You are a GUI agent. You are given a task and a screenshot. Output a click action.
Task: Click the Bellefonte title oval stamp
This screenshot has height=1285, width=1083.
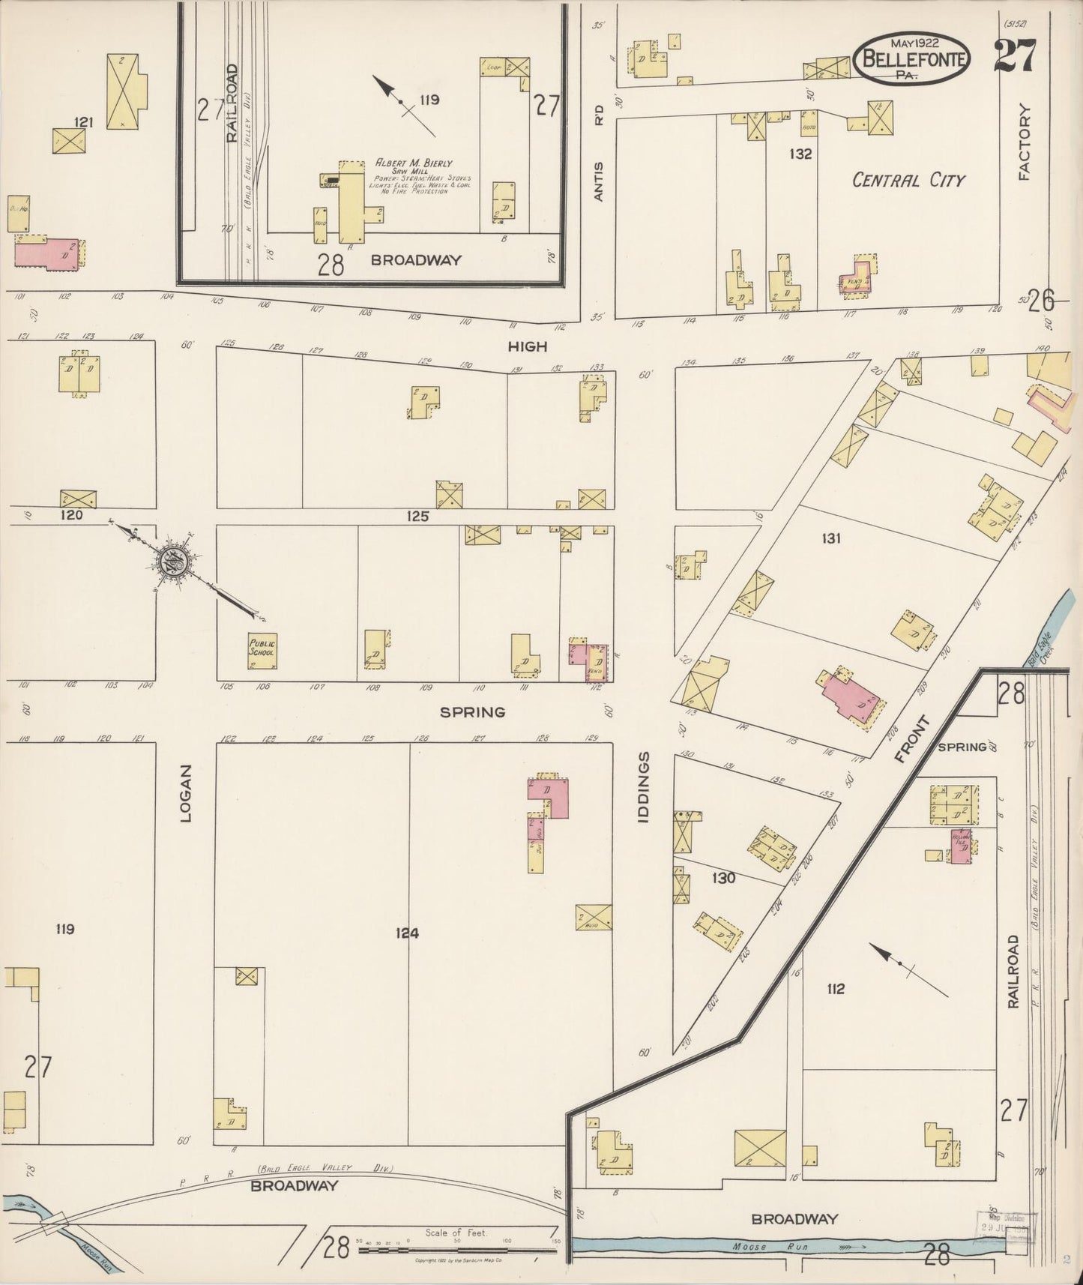click(x=912, y=58)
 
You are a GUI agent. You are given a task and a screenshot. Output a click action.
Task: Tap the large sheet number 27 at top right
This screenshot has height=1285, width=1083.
click(x=1016, y=55)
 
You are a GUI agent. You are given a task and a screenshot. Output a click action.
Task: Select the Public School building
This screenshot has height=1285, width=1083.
click(x=262, y=648)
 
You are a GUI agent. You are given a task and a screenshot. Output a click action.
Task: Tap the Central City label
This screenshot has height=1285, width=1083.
click(x=909, y=180)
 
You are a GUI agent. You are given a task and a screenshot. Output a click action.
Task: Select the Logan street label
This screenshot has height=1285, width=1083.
click(x=186, y=792)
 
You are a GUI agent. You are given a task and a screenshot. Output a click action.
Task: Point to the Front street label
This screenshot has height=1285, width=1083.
click(x=913, y=739)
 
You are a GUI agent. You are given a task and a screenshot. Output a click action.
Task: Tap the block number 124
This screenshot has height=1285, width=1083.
click(x=407, y=933)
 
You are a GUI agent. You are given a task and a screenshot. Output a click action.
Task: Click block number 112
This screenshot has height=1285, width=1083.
click(x=835, y=989)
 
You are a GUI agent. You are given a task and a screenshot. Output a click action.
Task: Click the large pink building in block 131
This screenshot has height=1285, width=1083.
click(x=851, y=697)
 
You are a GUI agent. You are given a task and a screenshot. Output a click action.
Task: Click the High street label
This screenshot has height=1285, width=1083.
click(x=528, y=346)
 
